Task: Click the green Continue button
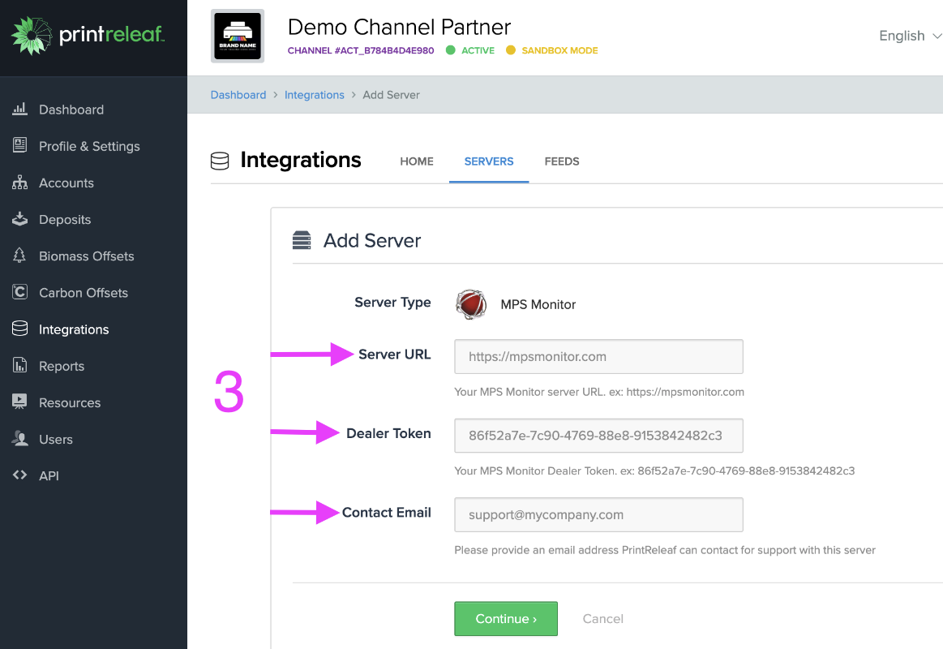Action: click(506, 618)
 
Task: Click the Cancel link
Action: click(602, 618)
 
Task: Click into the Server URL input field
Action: click(598, 356)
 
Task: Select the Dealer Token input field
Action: click(598, 436)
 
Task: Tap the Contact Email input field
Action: click(598, 514)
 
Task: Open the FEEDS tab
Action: click(561, 161)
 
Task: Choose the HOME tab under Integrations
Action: click(417, 161)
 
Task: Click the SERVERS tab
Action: click(489, 161)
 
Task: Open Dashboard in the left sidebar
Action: click(71, 110)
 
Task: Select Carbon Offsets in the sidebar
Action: click(83, 293)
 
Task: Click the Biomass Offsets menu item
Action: click(86, 256)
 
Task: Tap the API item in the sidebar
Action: click(49, 476)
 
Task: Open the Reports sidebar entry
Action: click(61, 366)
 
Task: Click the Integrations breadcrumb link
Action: click(314, 95)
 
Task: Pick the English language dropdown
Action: click(909, 36)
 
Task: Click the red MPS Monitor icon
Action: click(471, 304)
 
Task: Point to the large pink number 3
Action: click(229, 393)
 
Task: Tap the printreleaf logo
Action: click(87, 35)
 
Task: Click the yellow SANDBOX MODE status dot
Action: click(510, 50)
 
